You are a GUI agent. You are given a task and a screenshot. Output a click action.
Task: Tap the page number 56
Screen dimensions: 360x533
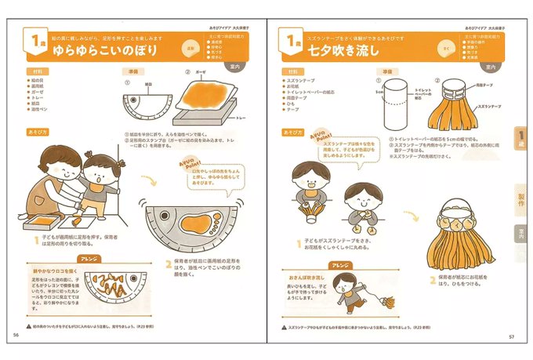16,333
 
